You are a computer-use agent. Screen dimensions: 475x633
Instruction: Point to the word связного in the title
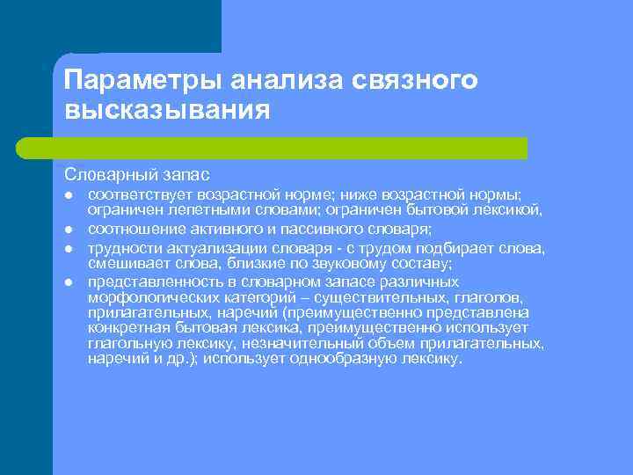coord(414,81)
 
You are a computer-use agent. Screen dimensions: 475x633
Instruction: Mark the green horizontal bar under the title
coord(290,148)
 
